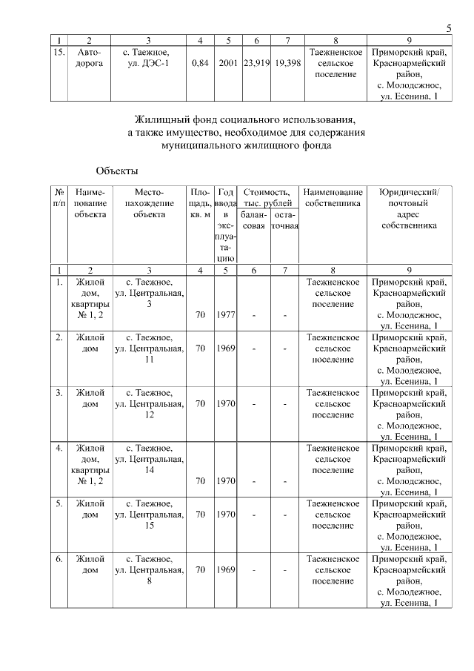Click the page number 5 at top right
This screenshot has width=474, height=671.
coord(449,28)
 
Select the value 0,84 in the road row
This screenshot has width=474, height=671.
coord(199,64)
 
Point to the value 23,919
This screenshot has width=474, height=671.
coord(256,64)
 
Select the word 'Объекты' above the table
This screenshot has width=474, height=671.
coord(116,171)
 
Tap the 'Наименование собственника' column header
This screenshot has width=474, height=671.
coord(333,197)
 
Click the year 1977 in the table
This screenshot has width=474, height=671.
coord(226,314)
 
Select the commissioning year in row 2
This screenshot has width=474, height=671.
coord(226,348)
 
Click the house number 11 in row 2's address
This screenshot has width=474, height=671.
coord(150,359)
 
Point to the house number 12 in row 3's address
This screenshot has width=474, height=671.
coord(150,414)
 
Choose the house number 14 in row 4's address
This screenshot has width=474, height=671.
coord(150,470)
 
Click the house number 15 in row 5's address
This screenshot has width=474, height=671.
coord(150,526)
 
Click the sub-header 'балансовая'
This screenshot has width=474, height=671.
coord(253,219)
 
